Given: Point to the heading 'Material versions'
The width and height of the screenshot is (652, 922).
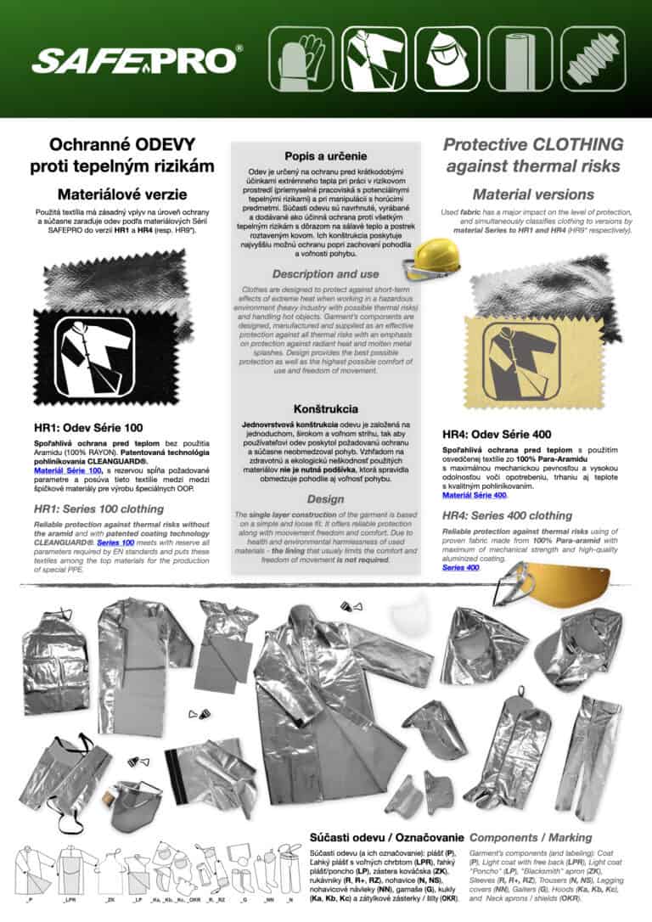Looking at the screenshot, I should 532,194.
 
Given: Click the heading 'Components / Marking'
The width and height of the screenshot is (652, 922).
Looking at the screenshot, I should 533,836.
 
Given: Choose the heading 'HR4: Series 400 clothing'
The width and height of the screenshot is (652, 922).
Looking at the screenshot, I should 507,515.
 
